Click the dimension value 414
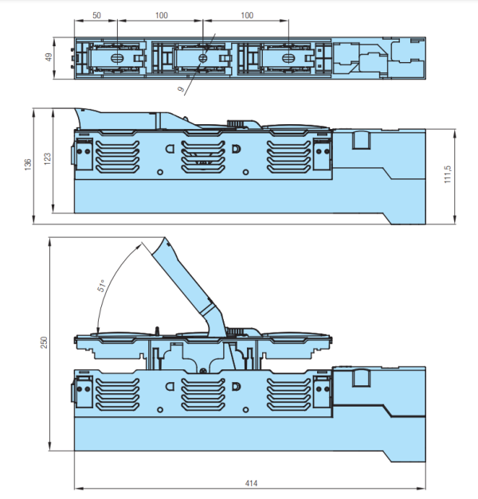point(252,483)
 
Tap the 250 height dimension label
point(45,341)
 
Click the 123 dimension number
point(48,159)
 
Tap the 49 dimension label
point(49,57)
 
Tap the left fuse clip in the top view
point(115,58)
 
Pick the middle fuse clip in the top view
point(202,58)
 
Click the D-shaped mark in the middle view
point(235,149)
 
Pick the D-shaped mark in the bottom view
point(235,386)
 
